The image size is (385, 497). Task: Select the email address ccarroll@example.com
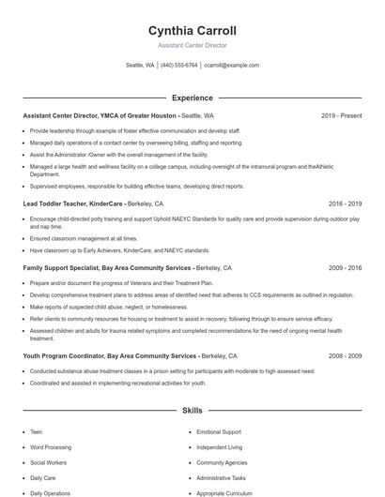click(231, 66)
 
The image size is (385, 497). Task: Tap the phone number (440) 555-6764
click(178, 66)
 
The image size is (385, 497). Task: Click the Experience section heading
click(192, 98)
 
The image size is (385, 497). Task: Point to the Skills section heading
click(192, 411)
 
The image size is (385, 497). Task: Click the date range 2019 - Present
click(341, 116)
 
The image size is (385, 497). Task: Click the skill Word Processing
click(51, 447)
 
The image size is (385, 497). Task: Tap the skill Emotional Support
click(219, 432)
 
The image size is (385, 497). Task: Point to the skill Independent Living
click(219, 447)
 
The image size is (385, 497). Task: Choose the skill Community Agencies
click(221, 462)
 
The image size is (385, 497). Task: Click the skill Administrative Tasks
click(222, 477)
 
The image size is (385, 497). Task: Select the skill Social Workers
click(48, 462)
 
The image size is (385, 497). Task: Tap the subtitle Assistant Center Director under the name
click(192, 45)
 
